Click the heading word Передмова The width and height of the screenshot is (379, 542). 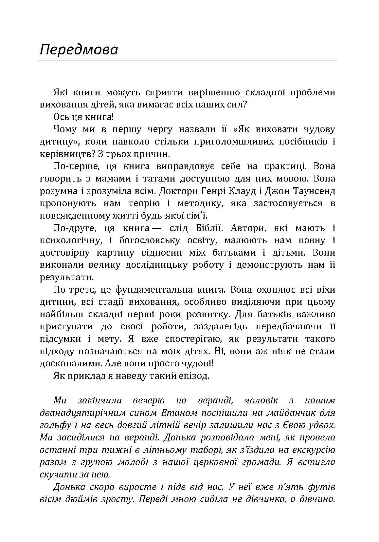pos(79,50)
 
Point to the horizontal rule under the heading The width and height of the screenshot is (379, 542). pos(187,61)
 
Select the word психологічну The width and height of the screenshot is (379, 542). pos(69,241)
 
